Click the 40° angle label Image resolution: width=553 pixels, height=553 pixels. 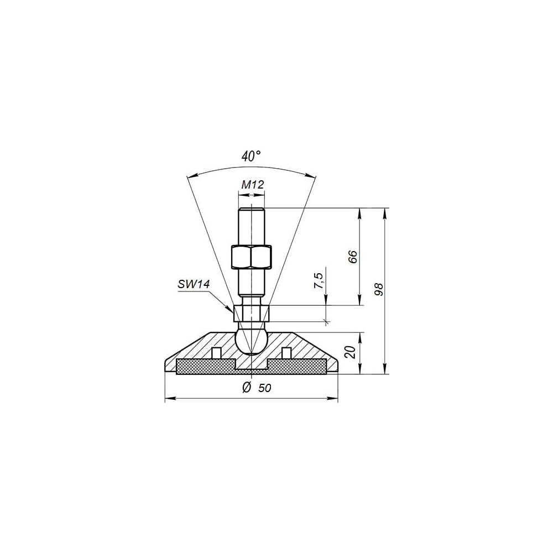pos(251,156)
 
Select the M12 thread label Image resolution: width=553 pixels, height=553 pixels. pos(253,185)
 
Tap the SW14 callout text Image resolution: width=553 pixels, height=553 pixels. pos(194,284)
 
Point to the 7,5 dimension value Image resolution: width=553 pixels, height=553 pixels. pos(319,281)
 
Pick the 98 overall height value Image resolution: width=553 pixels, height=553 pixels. pos(378,289)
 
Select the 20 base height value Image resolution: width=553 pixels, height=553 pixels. pos(351,352)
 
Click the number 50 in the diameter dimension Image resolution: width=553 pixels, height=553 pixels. pos(264,388)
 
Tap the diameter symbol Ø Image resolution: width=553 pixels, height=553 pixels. pos(247,387)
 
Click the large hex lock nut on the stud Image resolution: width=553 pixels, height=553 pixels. pos(252,256)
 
